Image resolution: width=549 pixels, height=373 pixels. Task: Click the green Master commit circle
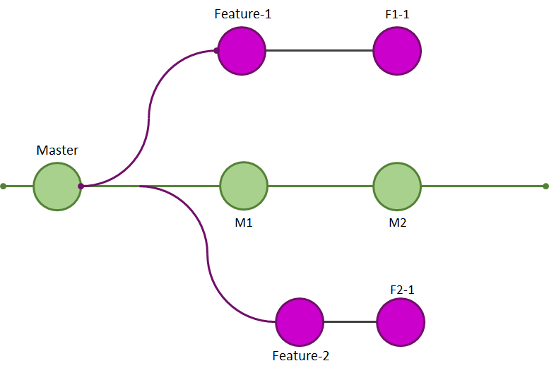point(57,186)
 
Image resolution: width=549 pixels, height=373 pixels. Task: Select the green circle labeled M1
point(244,186)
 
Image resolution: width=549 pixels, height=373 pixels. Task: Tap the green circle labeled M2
point(397,186)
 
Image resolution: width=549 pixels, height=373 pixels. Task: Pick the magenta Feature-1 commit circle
point(242,51)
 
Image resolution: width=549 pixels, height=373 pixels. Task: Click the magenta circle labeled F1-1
point(397,51)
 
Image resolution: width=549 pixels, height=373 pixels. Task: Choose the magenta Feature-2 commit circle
point(300,322)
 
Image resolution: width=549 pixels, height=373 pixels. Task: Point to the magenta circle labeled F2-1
point(401,322)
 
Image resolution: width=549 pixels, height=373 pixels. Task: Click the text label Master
point(57,150)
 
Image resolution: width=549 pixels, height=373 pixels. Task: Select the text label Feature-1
point(243,14)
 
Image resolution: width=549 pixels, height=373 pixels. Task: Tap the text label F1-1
point(397,14)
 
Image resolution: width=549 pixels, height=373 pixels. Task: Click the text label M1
point(244,223)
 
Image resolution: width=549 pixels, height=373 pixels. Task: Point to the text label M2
point(397,223)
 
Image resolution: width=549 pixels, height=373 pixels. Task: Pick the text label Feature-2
point(301,356)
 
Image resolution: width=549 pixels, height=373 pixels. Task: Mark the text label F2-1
point(402,289)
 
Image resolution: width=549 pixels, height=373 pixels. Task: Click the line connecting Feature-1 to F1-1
point(319,51)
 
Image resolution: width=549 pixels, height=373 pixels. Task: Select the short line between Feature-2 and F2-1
point(350,322)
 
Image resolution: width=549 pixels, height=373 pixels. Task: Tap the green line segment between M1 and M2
point(320,186)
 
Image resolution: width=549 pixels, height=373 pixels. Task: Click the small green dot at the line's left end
point(4,186)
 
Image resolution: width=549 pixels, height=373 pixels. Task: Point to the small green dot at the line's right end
point(545,186)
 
